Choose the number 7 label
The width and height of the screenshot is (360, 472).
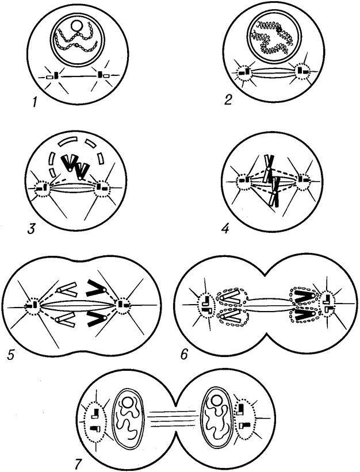click(x=78, y=463)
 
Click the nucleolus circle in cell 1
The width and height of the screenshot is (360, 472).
click(x=75, y=25)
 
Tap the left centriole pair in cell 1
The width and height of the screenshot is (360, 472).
click(x=53, y=76)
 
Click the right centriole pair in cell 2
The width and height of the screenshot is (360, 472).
click(x=303, y=71)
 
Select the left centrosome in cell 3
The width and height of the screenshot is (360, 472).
click(x=42, y=188)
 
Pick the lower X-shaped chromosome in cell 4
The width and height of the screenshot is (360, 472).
click(x=275, y=193)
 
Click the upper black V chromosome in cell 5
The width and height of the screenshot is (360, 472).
click(x=96, y=289)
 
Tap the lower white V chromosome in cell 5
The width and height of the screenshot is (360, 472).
click(x=66, y=320)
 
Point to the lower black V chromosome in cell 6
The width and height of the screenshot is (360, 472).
click(x=305, y=315)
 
